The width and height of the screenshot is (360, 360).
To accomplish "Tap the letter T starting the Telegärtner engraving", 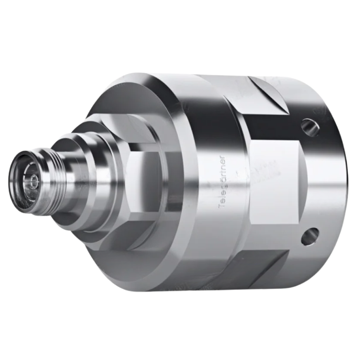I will pos(221,205).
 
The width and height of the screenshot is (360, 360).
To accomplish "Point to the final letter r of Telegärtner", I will pos(221,158).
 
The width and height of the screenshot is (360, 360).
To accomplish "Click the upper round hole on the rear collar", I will pos(309,126).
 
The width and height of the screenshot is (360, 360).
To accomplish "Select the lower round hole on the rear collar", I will pos(310,236).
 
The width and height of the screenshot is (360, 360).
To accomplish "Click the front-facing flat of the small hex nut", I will pos(144,180).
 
